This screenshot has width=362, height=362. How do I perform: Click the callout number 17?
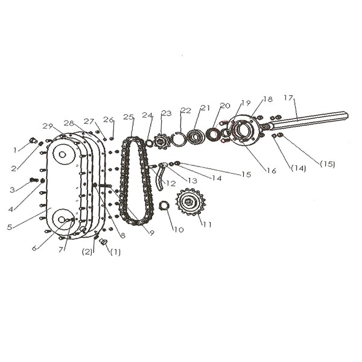click(x=288, y=98)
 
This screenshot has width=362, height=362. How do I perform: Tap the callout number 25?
click(x=129, y=117)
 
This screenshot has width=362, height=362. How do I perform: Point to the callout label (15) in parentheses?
click(x=328, y=164)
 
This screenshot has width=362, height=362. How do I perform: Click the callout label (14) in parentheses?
click(x=298, y=168)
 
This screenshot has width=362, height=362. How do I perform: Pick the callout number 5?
click(x=10, y=227)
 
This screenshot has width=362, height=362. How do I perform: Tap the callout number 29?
click(x=48, y=126)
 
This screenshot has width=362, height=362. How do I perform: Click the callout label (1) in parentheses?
click(x=115, y=252)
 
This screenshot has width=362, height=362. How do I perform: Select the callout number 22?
click(x=186, y=110)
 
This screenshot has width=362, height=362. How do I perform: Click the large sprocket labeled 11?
click(x=191, y=202)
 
